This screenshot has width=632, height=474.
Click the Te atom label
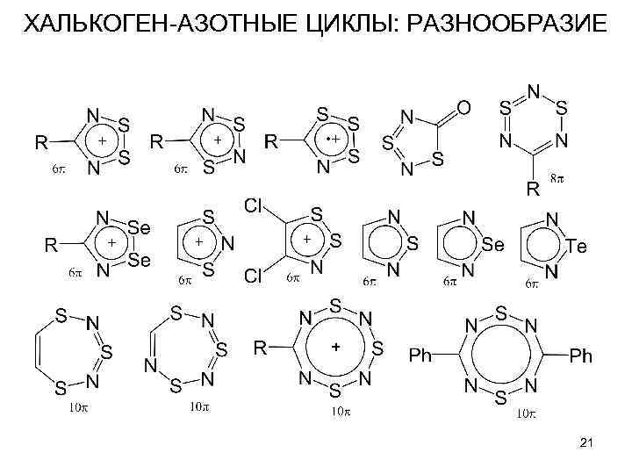574,247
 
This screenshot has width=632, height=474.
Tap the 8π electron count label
557,179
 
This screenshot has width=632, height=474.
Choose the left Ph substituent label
421,355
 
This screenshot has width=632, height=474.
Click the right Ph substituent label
581,355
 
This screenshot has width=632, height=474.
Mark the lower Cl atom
254,276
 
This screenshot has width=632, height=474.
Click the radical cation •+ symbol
331,140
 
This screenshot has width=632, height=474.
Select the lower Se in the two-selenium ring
139,261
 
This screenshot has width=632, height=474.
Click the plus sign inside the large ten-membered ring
334,348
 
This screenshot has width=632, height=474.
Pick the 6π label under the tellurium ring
532,284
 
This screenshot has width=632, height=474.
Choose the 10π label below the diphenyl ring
525,413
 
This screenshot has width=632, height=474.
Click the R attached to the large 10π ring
261,348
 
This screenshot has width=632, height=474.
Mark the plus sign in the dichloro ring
306,239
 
